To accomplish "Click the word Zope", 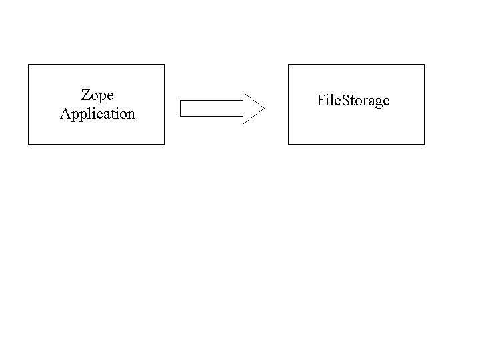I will coord(97,95).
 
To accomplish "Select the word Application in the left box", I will coord(97,114).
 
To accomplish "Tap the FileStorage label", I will coord(353,101).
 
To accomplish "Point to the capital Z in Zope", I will coord(85,95).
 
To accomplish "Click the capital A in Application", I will coord(65,113).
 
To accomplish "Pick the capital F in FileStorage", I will coord(321,101).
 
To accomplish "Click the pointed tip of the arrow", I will coord(264,108).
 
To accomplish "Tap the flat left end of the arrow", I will coord(181,108).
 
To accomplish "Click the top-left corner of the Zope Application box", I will coord(28,65).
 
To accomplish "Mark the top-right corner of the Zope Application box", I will coord(164,65).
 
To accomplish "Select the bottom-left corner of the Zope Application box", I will coord(28,144).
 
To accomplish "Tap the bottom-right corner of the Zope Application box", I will coord(164,144).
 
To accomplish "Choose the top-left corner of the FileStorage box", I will coord(288,65).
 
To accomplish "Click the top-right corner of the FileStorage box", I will coord(424,65).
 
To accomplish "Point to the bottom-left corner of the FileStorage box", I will coord(288,144).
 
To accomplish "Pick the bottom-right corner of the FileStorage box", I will coord(424,144).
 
